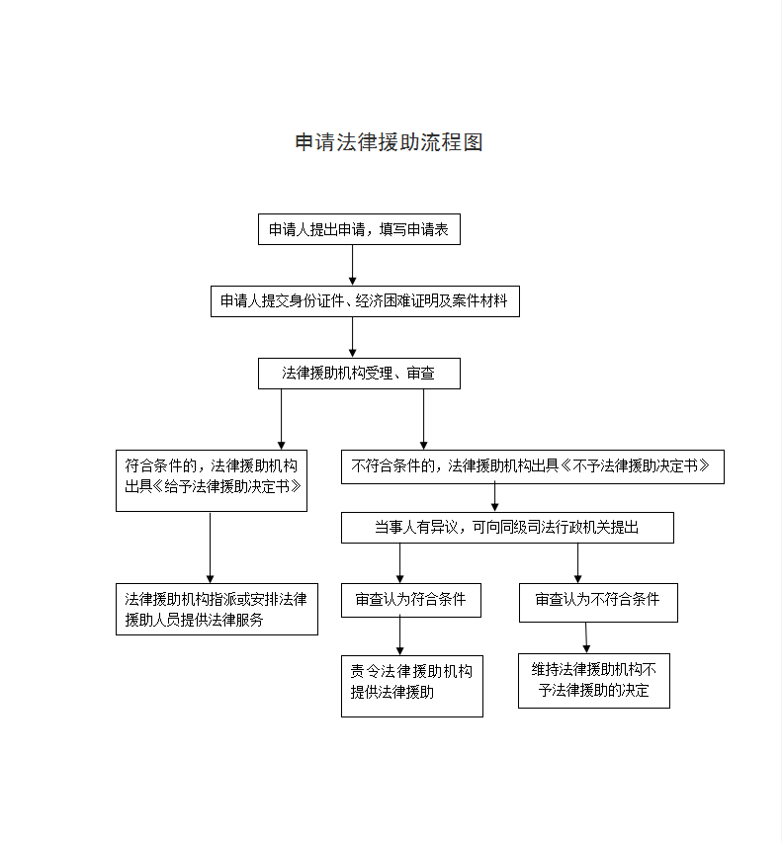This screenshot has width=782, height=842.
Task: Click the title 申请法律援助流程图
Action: tap(389, 142)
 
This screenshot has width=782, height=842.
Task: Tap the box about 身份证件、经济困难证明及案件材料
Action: tap(365, 301)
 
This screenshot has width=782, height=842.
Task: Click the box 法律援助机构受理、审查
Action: tap(358, 374)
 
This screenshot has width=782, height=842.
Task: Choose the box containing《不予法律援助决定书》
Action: tap(533, 466)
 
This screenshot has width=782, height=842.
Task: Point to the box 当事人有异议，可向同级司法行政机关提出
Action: tap(507, 528)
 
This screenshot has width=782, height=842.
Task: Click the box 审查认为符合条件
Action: tap(411, 600)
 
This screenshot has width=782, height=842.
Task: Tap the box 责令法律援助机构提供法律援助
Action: tap(412, 686)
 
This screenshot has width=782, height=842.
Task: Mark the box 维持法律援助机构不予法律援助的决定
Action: tap(593, 680)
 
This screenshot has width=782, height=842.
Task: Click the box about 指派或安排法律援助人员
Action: tap(217, 609)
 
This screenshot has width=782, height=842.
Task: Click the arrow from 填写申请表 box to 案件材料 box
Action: tap(353, 265)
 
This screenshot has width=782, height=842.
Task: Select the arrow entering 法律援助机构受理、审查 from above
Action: tap(353, 337)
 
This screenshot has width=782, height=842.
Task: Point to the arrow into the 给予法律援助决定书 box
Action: tap(281, 419)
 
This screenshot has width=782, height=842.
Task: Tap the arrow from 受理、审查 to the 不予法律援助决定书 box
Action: tap(424, 419)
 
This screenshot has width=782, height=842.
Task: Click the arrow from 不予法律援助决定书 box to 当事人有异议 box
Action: tap(495, 497)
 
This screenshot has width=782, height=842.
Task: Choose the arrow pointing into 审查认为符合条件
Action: tap(400, 563)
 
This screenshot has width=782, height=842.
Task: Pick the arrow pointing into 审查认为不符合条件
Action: tap(578, 563)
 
